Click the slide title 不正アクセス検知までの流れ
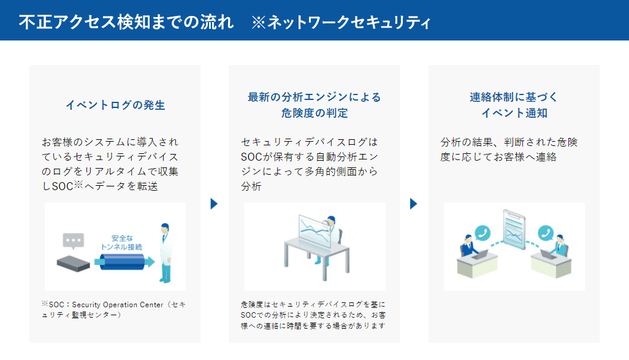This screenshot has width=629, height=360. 126,22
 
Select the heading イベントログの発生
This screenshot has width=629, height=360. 115,105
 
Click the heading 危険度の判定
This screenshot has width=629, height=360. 314,113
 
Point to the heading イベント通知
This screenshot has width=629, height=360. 514,113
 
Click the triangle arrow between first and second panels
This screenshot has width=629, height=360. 214,204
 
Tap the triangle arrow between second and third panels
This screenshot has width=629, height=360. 413,204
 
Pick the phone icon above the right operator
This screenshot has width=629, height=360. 546,233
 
